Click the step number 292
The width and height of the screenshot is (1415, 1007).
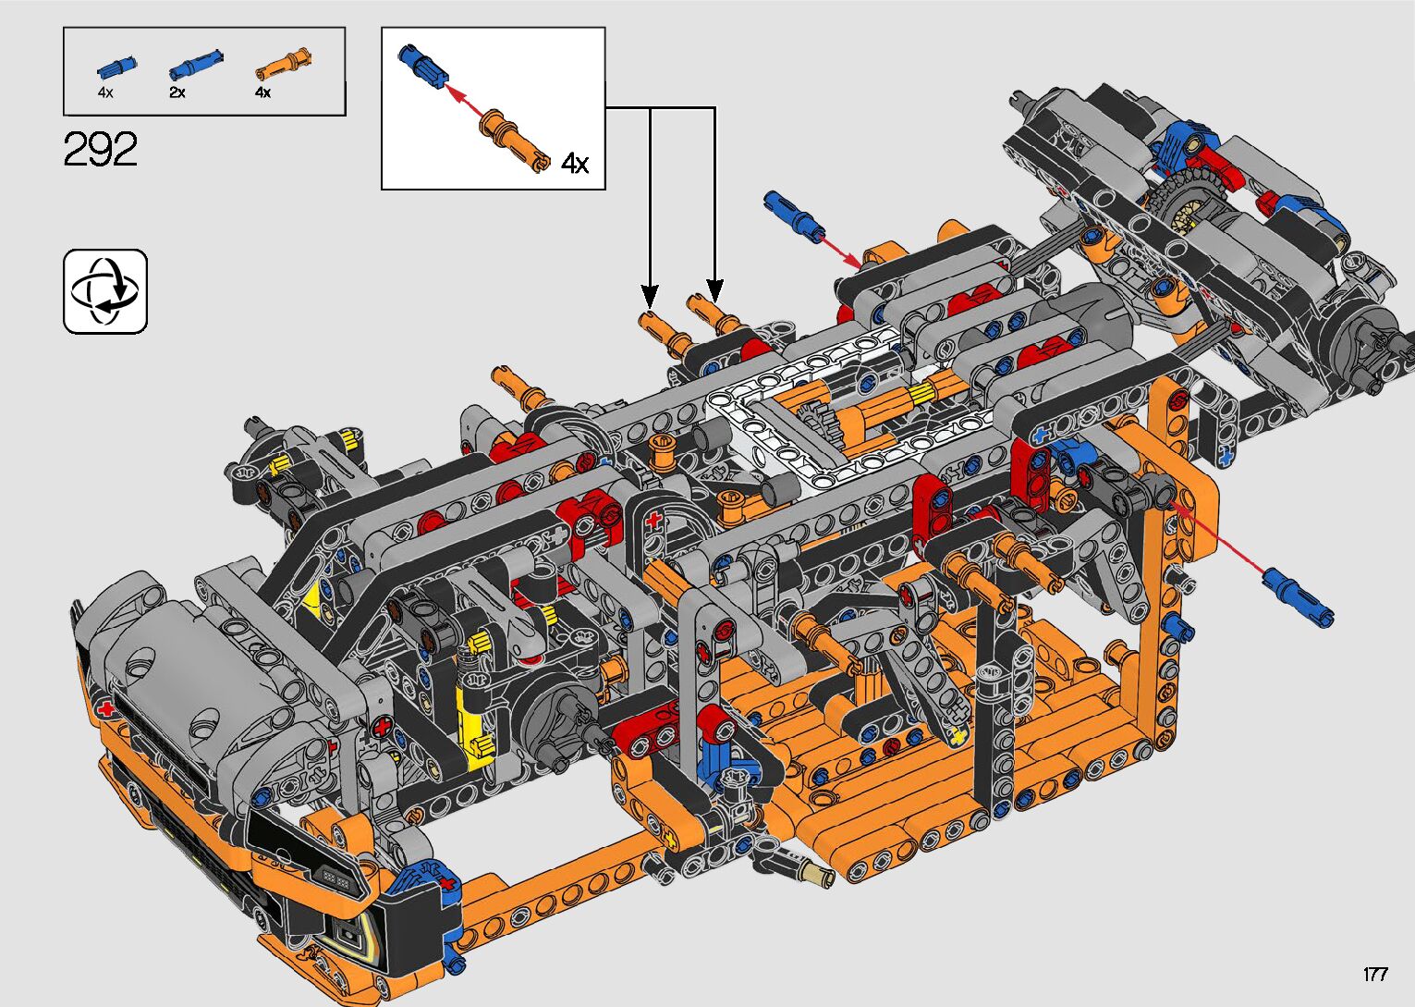tap(100, 149)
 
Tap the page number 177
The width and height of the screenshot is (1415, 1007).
tap(1375, 974)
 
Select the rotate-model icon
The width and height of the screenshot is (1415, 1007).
tap(105, 291)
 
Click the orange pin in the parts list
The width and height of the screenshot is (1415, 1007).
tap(284, 63)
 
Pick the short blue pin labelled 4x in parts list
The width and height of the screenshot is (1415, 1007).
tap(116, 67)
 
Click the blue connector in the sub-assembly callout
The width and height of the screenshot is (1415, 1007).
tap(422, 65)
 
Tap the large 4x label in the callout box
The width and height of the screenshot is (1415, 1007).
tap(575, 164)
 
